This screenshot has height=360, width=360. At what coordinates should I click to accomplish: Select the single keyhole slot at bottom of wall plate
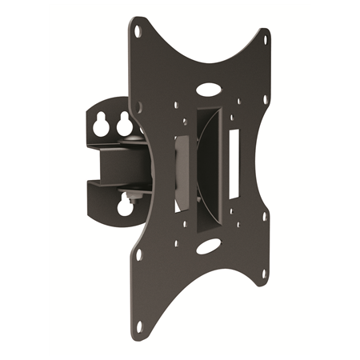click(x=125, y=207)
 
